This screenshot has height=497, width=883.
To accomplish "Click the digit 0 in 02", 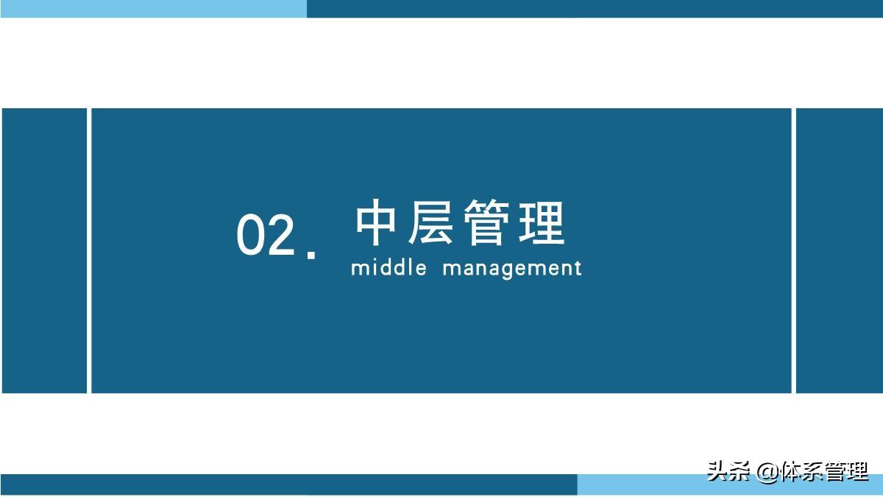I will point(250,236).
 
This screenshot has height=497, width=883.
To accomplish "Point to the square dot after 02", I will point(311,254).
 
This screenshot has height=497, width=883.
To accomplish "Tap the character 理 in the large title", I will point(542,224).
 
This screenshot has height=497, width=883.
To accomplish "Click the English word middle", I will point(389,267).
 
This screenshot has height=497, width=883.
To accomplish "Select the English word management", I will point(512,268).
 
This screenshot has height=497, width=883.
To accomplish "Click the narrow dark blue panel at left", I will point(44,250).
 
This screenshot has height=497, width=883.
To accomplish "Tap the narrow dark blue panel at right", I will point(840,250).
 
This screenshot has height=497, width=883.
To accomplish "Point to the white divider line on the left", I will point(89,250).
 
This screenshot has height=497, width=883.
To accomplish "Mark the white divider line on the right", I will point(794,250).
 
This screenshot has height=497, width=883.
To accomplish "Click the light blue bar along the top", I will point(153,8).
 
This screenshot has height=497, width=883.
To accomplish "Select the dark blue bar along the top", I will point(595,8).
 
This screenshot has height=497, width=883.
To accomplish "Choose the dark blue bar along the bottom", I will point(288,484).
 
